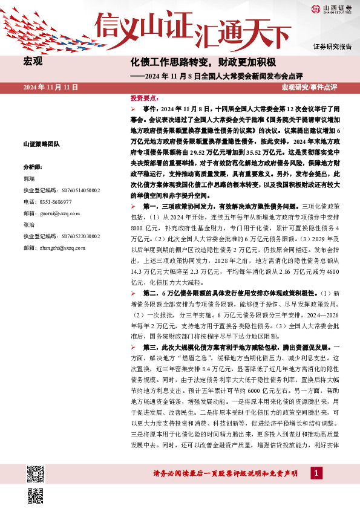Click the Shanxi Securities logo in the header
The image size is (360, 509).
coord(332,8)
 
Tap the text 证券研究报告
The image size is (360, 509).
coord(333,47)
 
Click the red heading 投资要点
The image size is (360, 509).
coord(145,97)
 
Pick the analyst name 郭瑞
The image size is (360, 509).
coord(30,179)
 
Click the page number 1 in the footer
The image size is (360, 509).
coord(315,472)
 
